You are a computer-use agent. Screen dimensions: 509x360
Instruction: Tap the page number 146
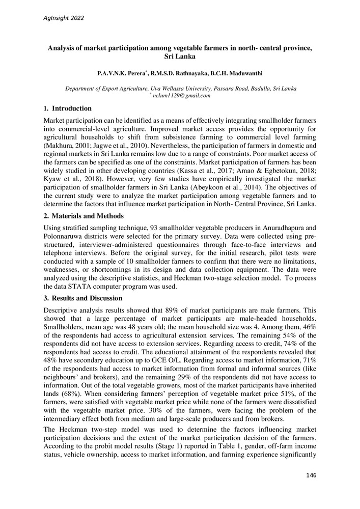[x=311, y=475]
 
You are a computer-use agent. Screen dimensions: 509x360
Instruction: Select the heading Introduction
[x=72, y=108]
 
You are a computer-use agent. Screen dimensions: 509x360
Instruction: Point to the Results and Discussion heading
[x=87, y=298]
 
